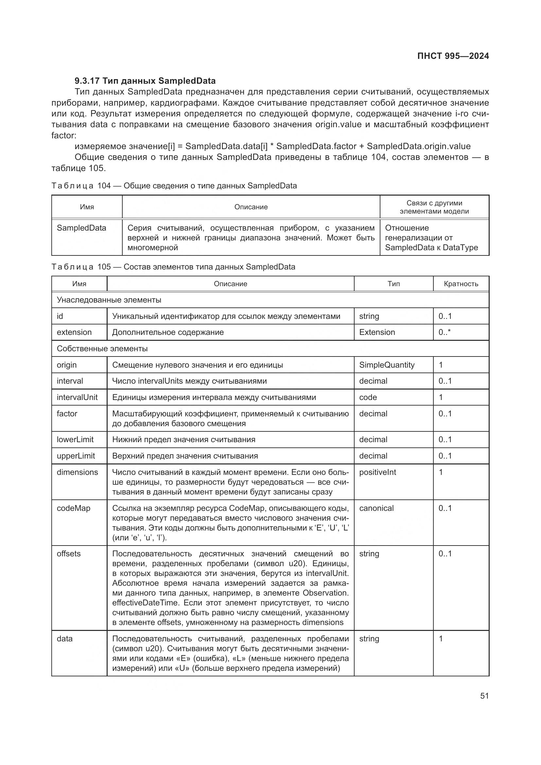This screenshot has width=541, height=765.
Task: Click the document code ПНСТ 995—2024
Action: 453,56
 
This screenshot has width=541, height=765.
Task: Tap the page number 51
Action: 484,696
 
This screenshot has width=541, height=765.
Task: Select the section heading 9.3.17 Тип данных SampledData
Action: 145,81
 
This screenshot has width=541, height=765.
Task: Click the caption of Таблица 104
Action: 174,185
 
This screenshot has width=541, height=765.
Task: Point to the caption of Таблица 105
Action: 173,267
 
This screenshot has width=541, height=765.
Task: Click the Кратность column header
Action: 461,284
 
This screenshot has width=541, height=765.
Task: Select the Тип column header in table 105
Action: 393,284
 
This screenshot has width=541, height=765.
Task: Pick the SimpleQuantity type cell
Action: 386,365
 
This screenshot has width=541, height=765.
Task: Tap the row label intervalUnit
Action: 77,397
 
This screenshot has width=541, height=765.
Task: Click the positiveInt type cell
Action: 377,472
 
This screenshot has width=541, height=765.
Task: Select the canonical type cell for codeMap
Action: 376,508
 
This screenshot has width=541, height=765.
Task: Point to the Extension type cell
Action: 377,332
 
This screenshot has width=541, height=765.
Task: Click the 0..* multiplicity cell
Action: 445,332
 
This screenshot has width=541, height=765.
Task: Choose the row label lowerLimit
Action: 75,440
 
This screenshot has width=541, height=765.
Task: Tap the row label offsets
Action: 69,553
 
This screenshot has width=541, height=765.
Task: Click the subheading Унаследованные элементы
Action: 109,300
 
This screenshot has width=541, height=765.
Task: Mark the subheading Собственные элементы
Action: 102,349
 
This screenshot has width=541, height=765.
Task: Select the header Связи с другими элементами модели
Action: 434,207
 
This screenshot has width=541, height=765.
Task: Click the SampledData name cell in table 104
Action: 81,228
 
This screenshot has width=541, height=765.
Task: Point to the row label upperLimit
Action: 76,456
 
